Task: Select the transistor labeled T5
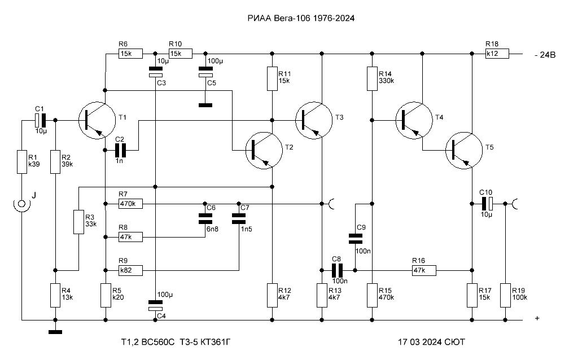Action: tap(464, 150)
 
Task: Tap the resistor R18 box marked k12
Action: tap(497, 54)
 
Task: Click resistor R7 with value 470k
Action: tap(130, 204)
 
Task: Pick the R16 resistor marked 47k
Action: tap(424, 270)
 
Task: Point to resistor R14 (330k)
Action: tap(372, 78)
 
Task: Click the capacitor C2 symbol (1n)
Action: tap(120, 150)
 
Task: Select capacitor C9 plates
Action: tap(355, 239)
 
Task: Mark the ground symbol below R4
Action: tap(55, 332)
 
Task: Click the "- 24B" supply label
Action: tap(545, 55)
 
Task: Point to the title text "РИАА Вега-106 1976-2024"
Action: tap(301, 18)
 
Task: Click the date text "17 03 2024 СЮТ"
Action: tap(431, 342)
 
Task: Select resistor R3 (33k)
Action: tap(79, 222)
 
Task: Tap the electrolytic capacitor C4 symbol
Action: tap(155, 305)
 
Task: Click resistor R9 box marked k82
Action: tap(130, 270)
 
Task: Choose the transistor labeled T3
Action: tap(314, 120)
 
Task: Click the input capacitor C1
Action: tap(41, 120)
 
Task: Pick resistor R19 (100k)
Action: tap(505, 296)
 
